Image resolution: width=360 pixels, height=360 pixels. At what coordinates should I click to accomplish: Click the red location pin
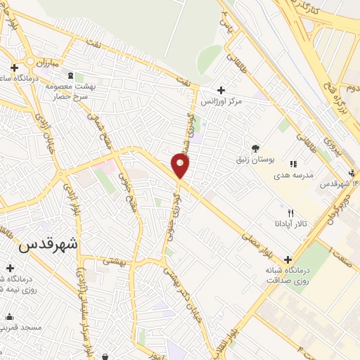181,166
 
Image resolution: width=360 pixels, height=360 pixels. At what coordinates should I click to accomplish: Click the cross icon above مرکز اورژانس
221,90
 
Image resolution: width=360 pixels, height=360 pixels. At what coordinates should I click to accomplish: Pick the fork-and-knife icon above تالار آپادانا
290,212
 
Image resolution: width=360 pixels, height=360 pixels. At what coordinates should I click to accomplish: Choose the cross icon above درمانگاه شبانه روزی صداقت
287,259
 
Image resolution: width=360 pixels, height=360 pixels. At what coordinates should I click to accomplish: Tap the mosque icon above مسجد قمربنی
9,316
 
